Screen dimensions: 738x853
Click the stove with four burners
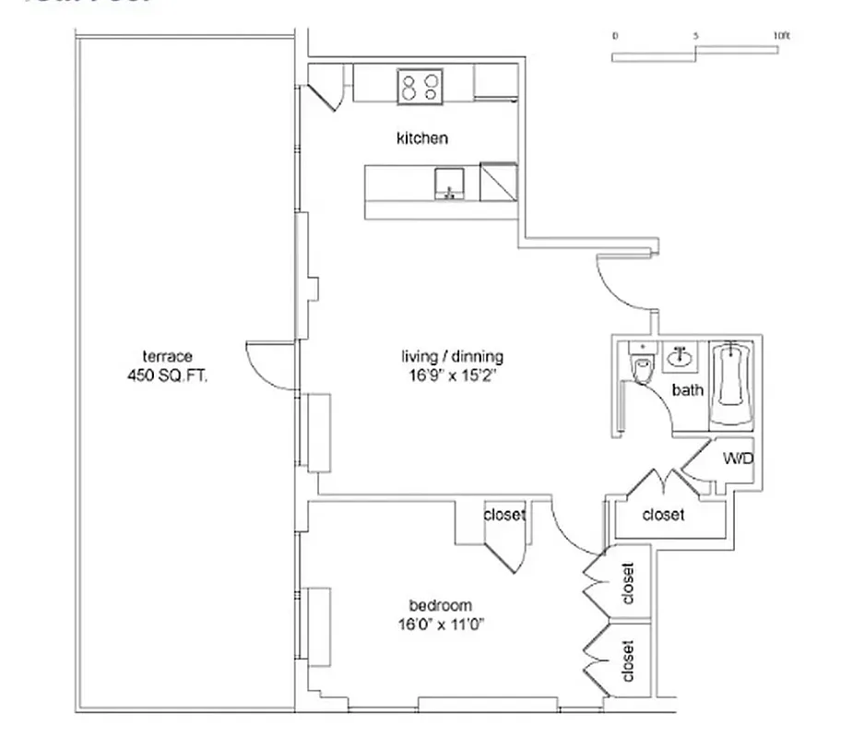(420, 87)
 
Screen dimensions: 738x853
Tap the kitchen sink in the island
(448, 183)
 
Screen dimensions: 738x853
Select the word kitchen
(421, 138)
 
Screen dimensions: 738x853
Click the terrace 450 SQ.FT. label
(167, 366)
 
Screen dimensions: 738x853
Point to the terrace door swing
(262, 362)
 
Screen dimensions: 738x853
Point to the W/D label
(736, 458)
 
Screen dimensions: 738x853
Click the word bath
(687, 390)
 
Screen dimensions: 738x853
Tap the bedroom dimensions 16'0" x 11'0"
(440, 624)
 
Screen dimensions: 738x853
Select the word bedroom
(440, 606)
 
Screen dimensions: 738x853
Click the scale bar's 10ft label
(781, 36)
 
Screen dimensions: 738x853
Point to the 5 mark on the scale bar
(696, 36)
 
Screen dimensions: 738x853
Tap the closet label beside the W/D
(663, 515)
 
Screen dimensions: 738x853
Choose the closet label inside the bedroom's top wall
(504, 515)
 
